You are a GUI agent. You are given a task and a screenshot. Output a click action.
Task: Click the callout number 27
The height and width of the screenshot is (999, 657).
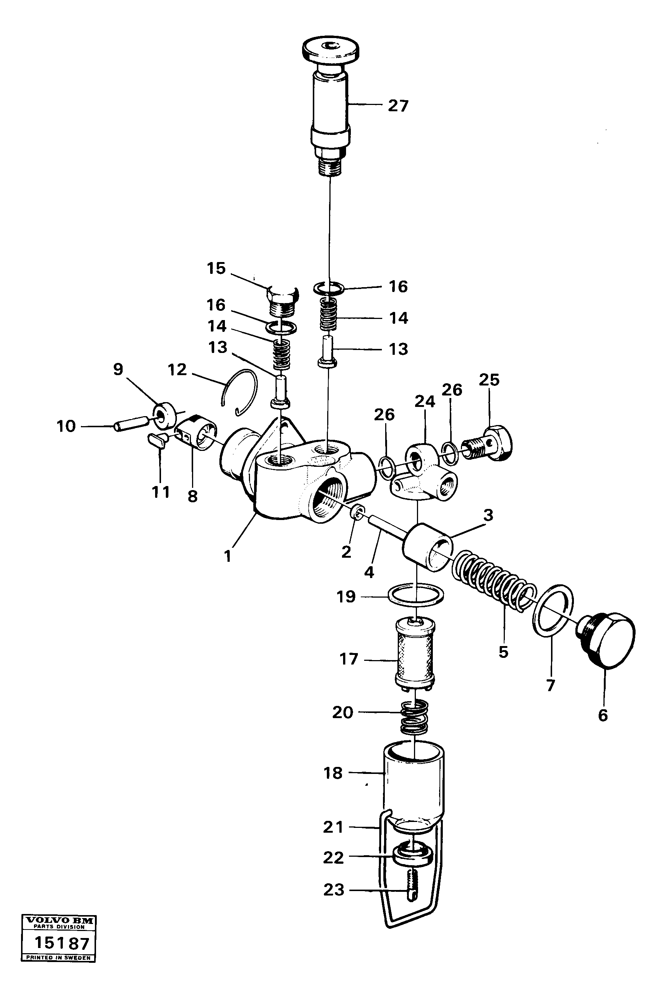pos(398,106)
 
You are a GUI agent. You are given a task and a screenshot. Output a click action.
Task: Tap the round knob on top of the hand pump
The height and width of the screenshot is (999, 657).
pos(331,50)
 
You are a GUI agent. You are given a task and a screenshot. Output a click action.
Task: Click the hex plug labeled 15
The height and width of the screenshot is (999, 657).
pos(282,300)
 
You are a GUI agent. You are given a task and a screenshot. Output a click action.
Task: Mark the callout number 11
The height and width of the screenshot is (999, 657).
pos(161,492)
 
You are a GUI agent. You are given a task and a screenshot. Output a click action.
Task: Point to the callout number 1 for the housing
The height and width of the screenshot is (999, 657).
pos(227,557)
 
